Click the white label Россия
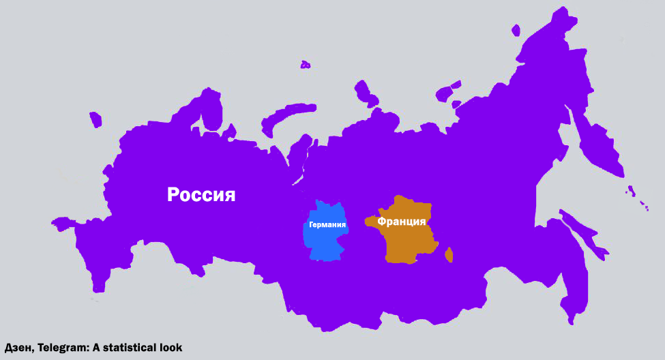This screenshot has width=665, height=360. point(201,195)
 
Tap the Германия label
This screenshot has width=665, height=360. point(327,224)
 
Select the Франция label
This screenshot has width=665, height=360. point(402,222)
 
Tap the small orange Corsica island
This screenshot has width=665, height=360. point(448,256)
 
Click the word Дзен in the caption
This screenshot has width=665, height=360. point(18,348)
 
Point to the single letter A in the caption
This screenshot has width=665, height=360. point(98,348)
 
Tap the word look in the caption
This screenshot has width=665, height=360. point(171,348)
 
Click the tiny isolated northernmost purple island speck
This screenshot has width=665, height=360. point(305,65)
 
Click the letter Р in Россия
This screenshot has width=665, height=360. point(174,195)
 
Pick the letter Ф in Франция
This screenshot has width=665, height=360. point(383,222)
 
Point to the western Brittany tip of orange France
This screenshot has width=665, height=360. point(368,221)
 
